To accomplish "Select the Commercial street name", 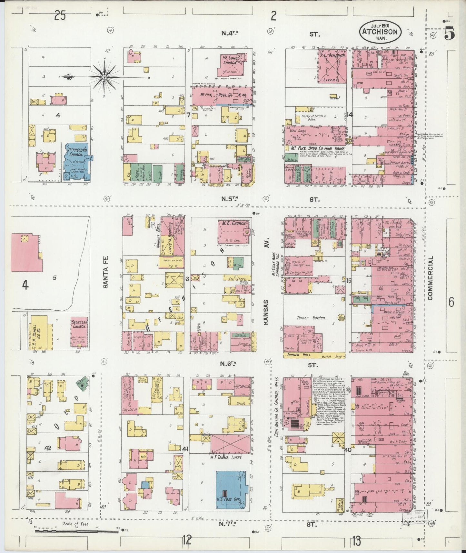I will tap(430, 278).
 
